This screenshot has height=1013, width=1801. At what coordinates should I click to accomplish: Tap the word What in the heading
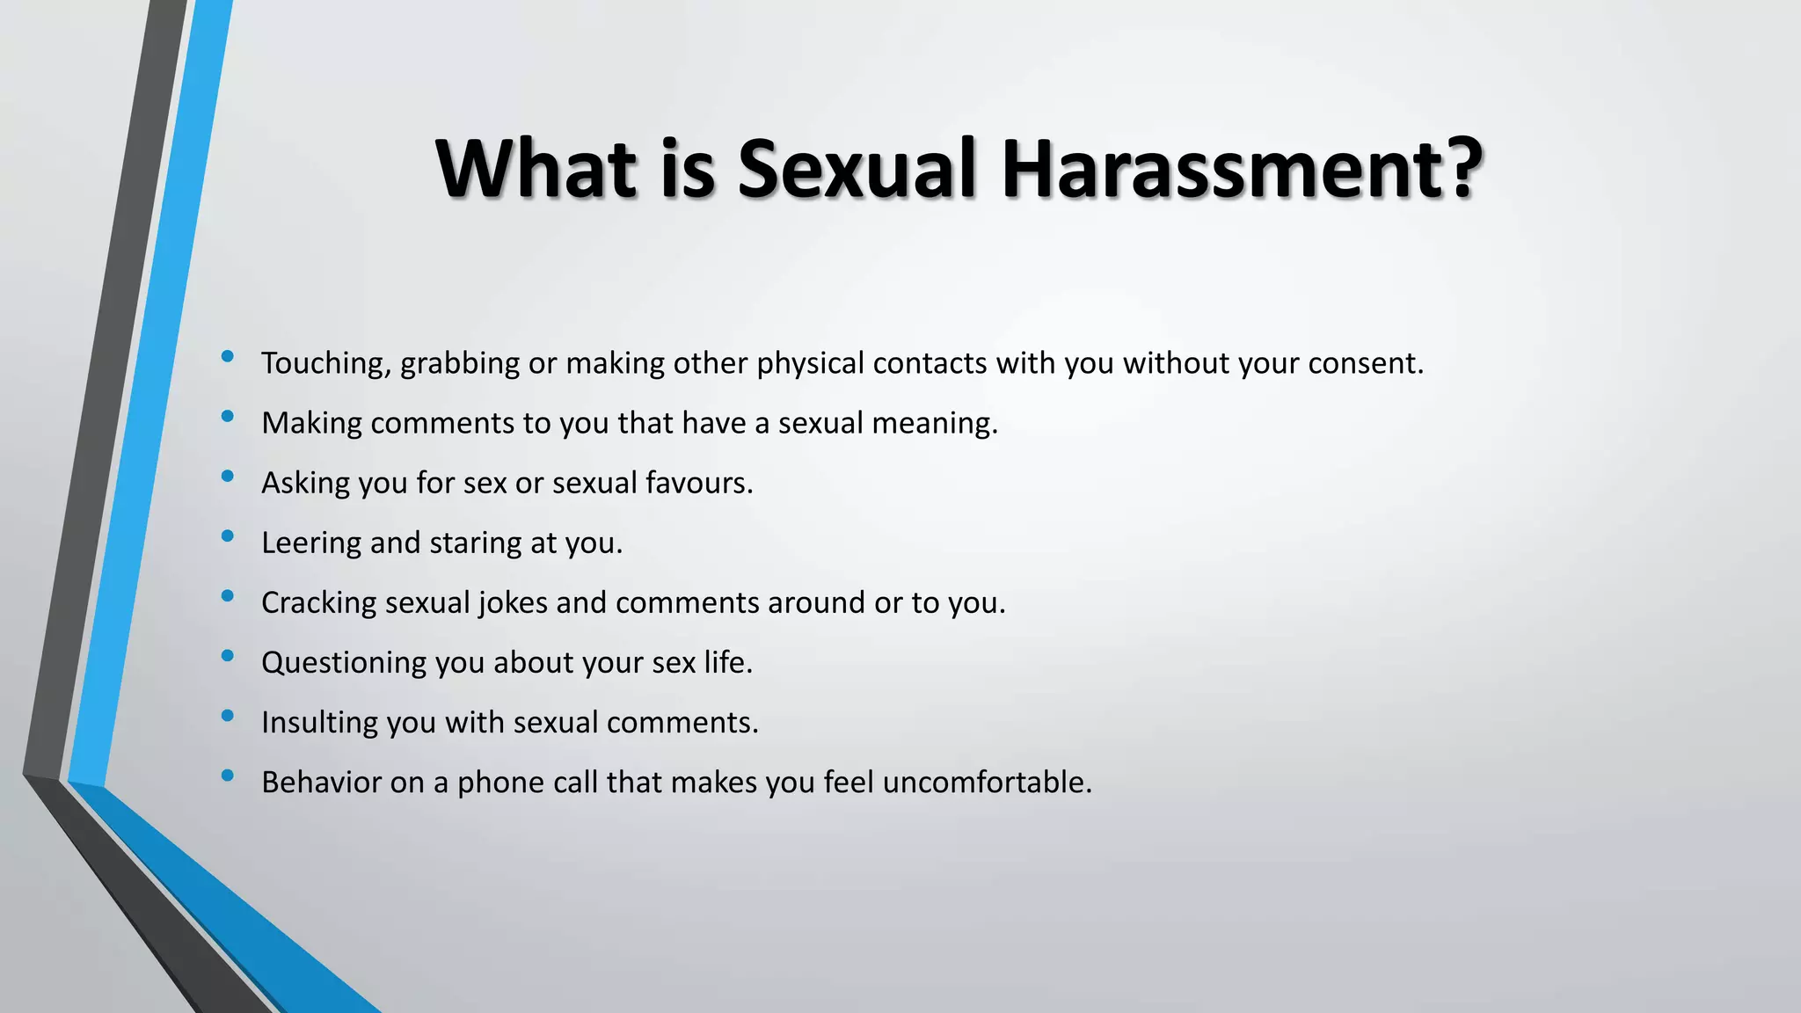[x=536, y=169]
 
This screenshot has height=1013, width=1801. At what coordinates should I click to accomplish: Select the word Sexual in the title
[x=857, y=169]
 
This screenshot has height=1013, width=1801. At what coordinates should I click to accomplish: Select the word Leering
[x=311, y=543]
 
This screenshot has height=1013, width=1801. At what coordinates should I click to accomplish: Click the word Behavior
[x=321, y=782]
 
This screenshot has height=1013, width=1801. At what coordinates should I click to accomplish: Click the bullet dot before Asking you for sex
[x=228, y=476]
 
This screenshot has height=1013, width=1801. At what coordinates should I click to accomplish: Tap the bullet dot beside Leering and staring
[x=228, y=536]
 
